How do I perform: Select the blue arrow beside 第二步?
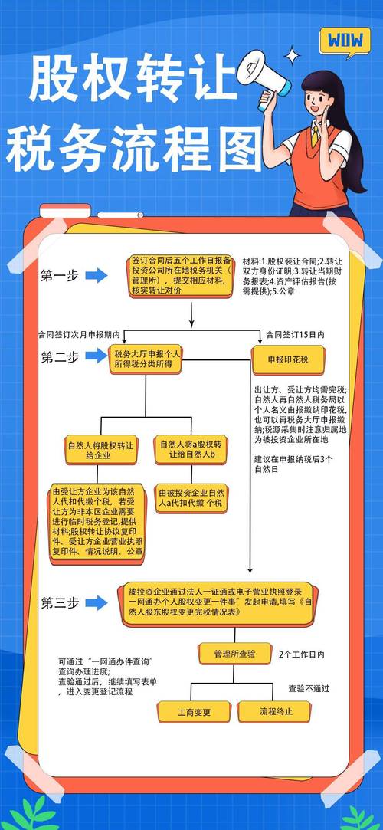tap(97, 356)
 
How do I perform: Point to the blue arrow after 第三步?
tap(97, 602)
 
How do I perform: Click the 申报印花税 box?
tap(288, 358)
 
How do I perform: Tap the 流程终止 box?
tap(275, 712)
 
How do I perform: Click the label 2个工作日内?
tap(302, 654)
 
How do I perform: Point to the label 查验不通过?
tap(309, 689)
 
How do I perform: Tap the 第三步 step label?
tap(60, 603)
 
